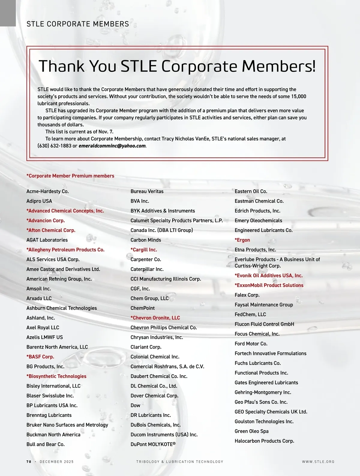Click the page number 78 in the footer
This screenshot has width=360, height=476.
(x=29, y=462)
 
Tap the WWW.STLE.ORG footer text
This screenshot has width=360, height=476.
(x=318, y=462)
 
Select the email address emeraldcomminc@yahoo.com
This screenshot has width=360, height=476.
(x=112, y=146)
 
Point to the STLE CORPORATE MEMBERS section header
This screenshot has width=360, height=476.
(x=78, y=24)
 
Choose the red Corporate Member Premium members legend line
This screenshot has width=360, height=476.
(x=70, y=176)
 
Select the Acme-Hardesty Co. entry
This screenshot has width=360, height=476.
(x=47, y=192)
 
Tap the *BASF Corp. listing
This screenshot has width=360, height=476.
(x=40, y=357)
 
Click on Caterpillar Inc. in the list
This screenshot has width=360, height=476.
(x=147, y=269)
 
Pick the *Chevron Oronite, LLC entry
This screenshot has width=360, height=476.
(x=155, y=318)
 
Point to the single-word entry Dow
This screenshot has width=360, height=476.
(x=135, y=406)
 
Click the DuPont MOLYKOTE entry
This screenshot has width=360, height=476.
(x=153, y=445)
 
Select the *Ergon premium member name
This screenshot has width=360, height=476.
(x=242, y=240)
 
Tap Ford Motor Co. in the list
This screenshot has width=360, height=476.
(x=251, y=344)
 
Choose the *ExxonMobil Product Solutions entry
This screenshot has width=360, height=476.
(x=269, y=285)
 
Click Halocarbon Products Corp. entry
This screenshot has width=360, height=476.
(x=264, y=441)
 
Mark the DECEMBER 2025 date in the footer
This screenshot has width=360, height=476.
(x=57, y=462)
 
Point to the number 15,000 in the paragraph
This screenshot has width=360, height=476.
(x=298, y=97)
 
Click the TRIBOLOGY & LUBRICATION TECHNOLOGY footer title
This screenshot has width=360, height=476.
(x=180, y=462)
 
